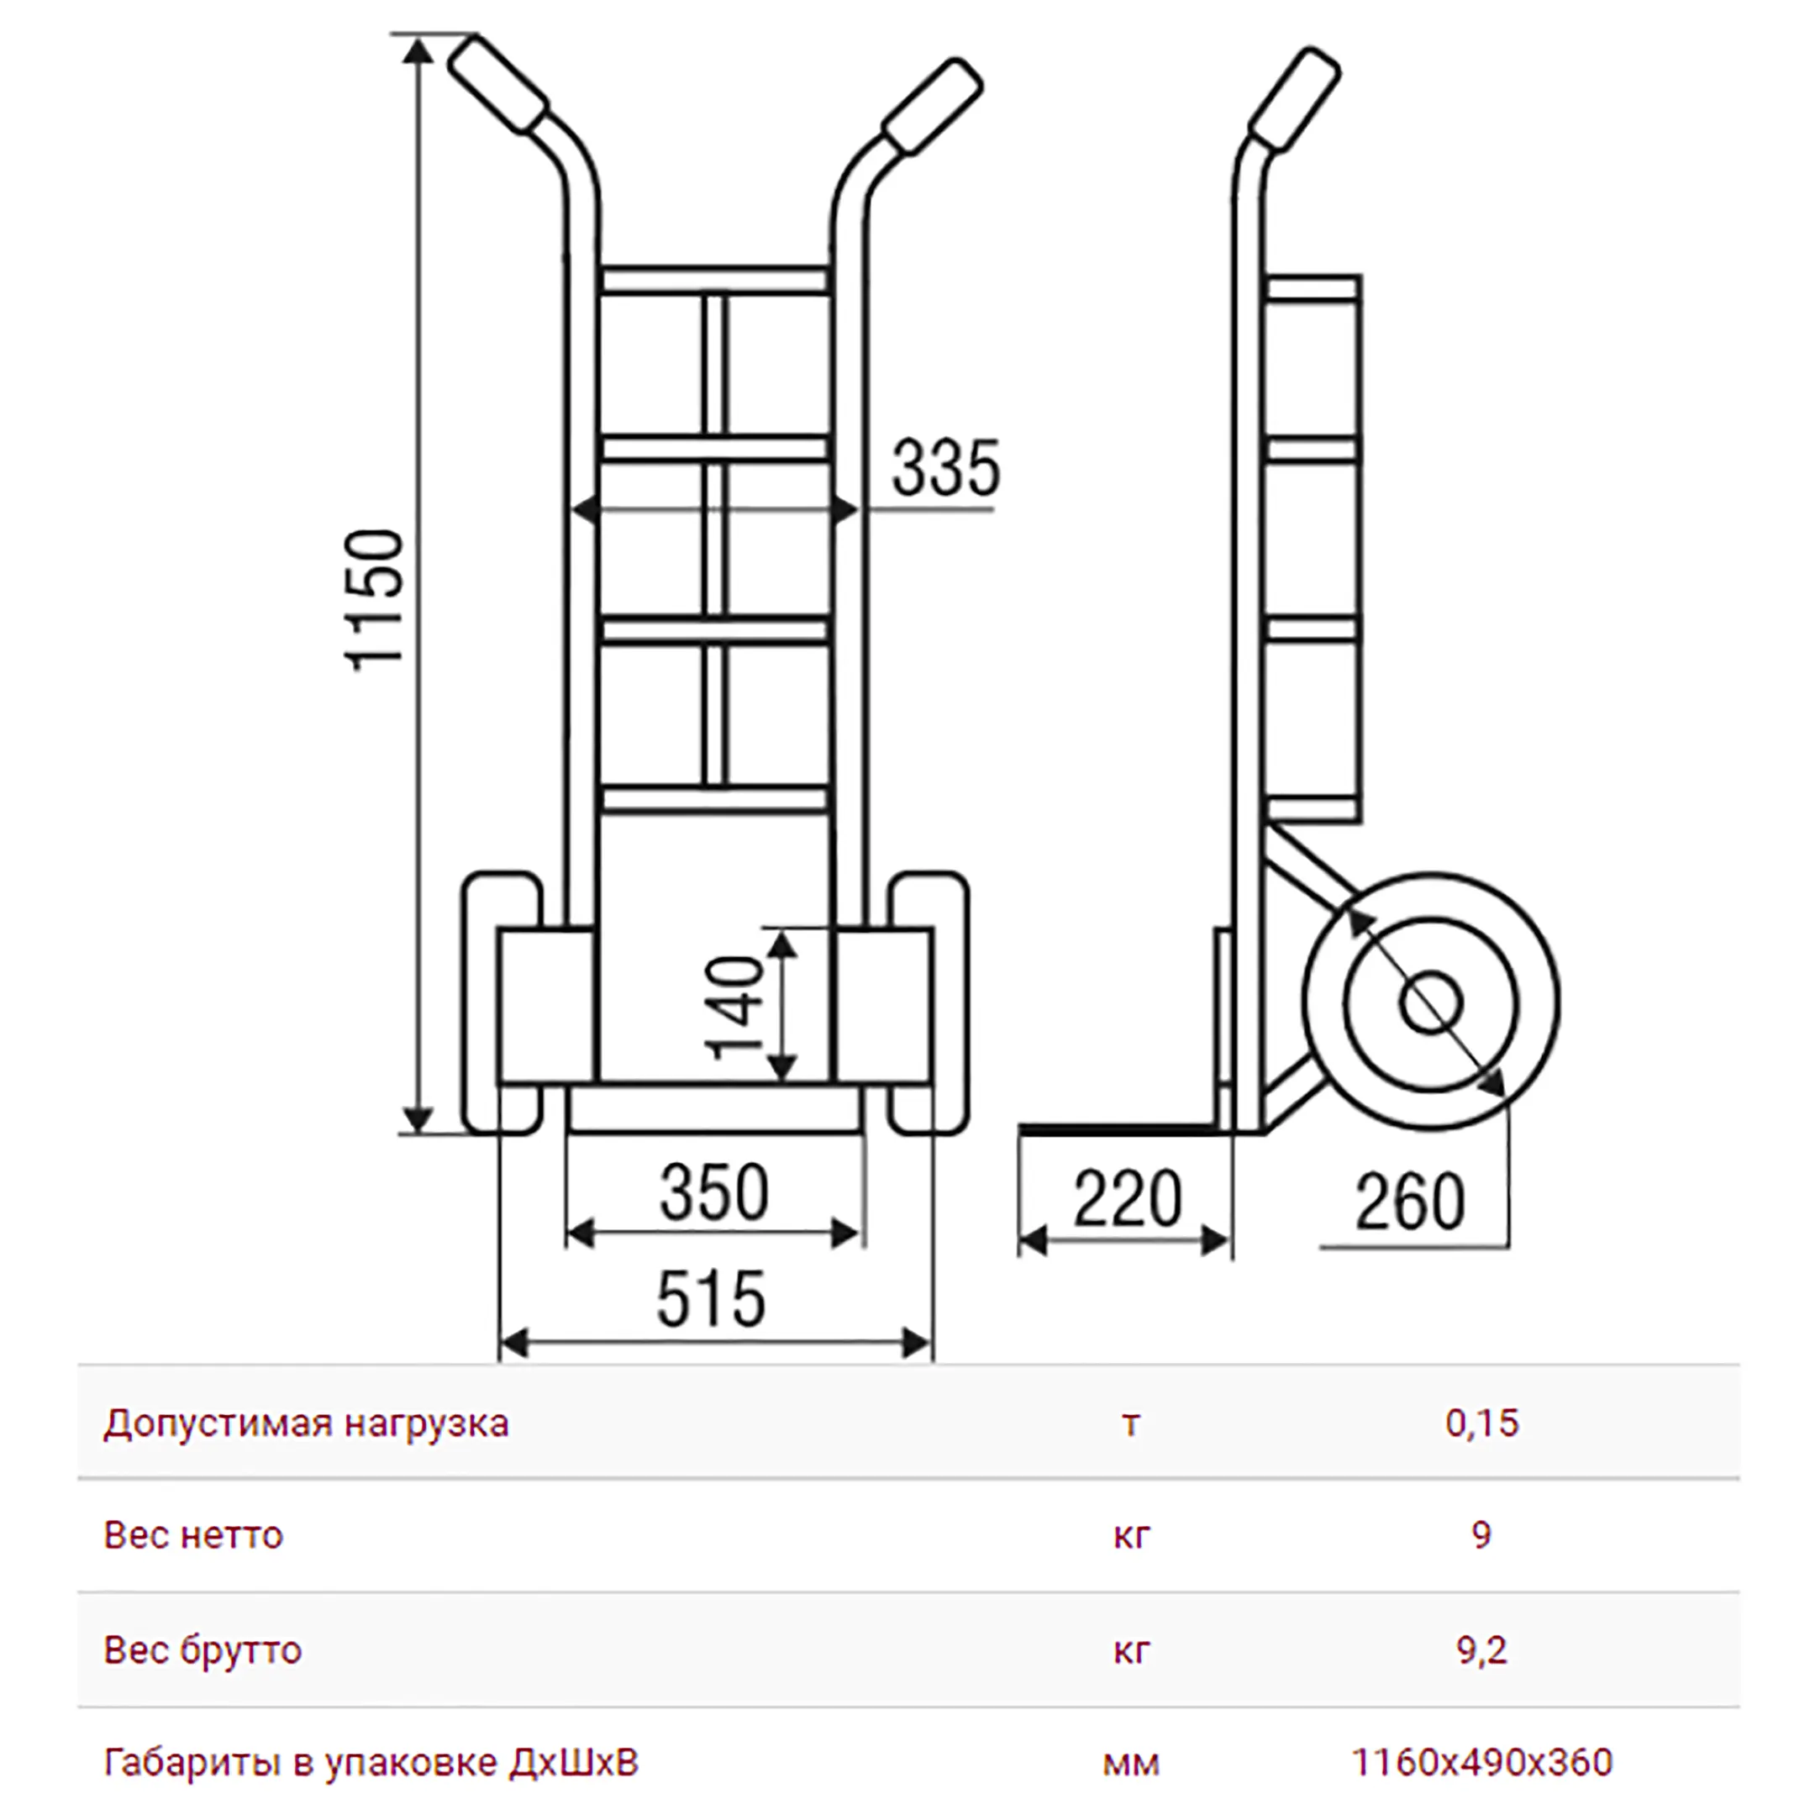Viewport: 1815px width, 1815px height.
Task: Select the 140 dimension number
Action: click(x=738, y=1007)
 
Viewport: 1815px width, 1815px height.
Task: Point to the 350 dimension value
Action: click(x=714, y=1192)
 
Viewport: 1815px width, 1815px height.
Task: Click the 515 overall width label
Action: click(x=711, y=1299)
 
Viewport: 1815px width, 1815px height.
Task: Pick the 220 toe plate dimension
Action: click(x=1128, y=1199)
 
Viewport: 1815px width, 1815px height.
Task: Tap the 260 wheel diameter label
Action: click(x=1409, y=1202)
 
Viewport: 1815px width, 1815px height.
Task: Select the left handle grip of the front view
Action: click(x=498, y=85)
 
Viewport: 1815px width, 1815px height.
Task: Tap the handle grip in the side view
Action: click(x=1295, y=101)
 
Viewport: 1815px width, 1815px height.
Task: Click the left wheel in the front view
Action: click(x=502, y=1003)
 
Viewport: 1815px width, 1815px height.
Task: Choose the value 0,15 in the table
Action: click(x=1481, y=1423)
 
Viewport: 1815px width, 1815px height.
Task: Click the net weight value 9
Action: click(x=1481, y=1535)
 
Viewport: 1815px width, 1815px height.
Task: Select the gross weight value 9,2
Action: click(x=1481, y=1649)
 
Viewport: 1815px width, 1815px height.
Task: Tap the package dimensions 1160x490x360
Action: click(x=1481, y=1762)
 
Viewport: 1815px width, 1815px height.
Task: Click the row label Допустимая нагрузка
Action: click(x=306, y=1424)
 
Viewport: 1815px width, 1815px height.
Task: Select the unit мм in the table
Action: click(x=1131, y=1765)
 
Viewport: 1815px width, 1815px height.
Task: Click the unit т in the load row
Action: click(x=1131, y=1425)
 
